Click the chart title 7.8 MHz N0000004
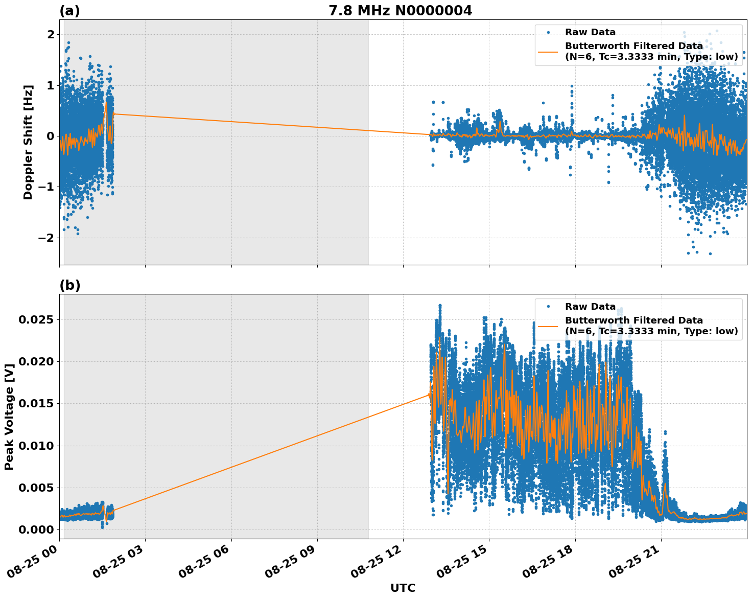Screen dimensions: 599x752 400,11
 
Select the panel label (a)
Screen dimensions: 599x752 69,11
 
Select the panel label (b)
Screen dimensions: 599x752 69,285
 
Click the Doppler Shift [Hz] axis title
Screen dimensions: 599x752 28,142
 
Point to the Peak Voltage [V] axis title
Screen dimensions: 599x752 9,417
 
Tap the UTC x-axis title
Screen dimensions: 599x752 403,588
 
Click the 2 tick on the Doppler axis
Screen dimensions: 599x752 51,34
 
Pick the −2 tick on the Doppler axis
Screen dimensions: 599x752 46,238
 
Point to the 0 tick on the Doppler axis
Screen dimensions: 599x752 51,136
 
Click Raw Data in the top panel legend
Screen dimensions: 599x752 590,33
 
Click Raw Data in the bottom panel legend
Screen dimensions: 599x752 590,307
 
